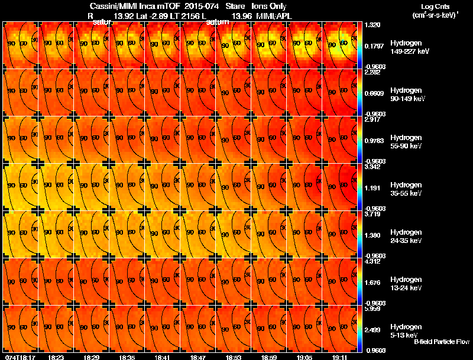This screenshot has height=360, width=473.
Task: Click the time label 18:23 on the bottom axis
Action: (56, 357)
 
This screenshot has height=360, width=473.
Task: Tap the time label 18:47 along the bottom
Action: (198, 357)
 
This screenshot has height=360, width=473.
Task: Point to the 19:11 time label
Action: (340, 357)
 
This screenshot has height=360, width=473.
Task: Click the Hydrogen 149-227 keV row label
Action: (410, 47)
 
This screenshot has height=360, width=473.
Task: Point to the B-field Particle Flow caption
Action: (441, 342)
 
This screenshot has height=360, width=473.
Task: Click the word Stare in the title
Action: (235, 6)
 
